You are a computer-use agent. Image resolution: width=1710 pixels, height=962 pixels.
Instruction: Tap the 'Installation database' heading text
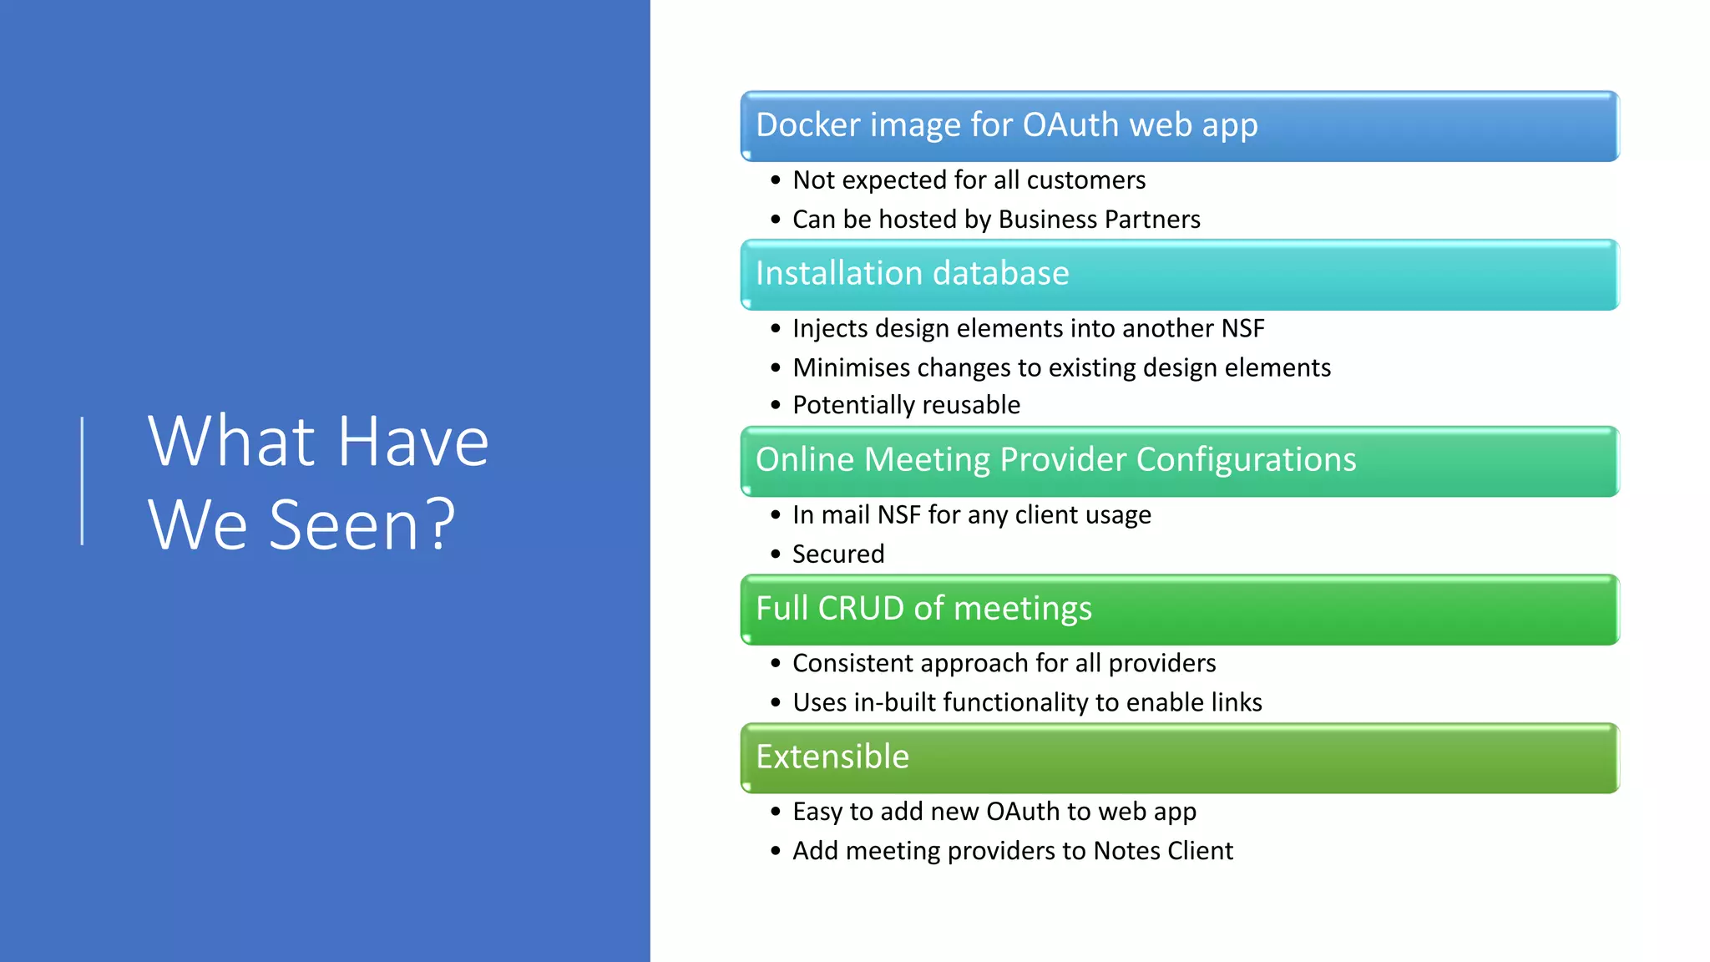click(x=912, y=274)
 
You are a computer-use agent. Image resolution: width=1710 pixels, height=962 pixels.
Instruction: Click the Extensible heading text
click(x=832, y=757)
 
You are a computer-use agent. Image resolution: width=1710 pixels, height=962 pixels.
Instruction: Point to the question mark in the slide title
click(x=441, y=525)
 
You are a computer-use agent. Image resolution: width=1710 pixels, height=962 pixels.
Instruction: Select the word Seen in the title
click(x=342, y=525)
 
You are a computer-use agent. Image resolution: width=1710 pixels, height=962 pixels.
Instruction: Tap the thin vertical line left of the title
click(x=82, y=481)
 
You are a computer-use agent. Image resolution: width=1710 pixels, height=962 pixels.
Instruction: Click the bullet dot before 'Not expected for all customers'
click(x=776, y=180)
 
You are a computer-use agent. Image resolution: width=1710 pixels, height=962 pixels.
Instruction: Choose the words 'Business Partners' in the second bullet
click(x=1099, y=220)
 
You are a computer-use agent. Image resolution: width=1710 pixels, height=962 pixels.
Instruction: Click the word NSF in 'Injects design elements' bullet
click(x=1242, y=329)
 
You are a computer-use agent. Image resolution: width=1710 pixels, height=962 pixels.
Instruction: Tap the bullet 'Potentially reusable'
click(x=906, y=405)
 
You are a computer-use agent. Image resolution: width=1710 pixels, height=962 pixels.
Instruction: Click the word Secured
click(x=838, y=554)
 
